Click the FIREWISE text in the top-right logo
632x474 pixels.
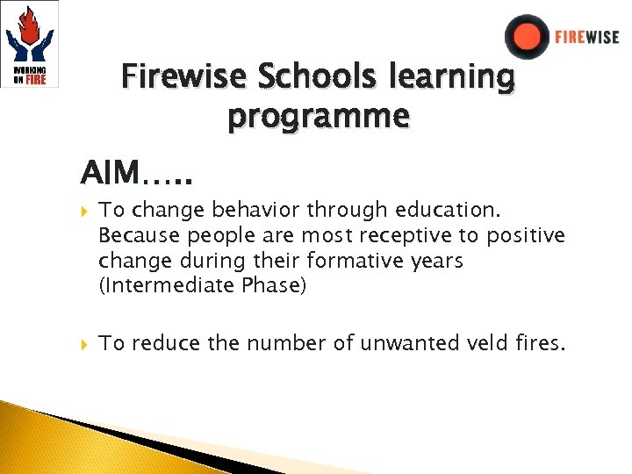click(x=586, y=38)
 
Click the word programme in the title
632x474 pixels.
click(x=318, y=115)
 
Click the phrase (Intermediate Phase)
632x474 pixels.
click(x=203, y=285)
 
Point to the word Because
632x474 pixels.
click(x=136, y=236)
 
